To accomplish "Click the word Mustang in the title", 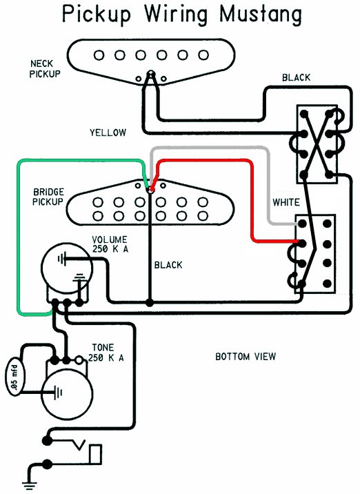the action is tap(261, 14).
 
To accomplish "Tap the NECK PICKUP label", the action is tap(44, 69).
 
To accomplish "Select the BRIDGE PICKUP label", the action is tap(48, 197).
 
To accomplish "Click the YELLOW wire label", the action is tap(108, 132).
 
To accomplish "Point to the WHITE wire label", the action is tap(286, 202).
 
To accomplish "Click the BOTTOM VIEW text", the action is tap(246, 356).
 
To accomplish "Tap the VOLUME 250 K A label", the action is tap(110, 244).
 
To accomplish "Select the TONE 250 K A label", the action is tap(106, 353).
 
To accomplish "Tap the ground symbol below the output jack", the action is tap(29, 485).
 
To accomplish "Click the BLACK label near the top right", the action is tap(296, 77).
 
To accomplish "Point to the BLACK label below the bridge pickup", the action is tap(168, 265).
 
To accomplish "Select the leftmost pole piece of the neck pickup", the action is tap(99, 55).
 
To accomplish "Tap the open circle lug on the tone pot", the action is tap(79, 359).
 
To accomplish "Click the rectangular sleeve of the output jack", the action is tap(95, 454).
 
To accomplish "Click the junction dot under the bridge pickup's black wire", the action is tap(150, 303).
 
